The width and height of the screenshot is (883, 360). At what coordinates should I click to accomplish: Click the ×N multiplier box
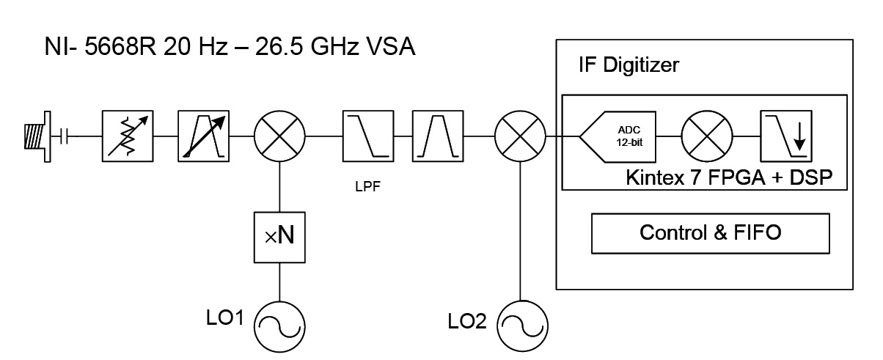tap(279, 236)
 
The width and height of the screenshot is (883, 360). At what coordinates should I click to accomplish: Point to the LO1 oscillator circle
tap(279, 320)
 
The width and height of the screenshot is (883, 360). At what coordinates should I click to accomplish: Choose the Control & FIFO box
tap(710, 234)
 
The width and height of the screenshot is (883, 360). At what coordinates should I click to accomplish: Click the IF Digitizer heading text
tap(629, 65)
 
